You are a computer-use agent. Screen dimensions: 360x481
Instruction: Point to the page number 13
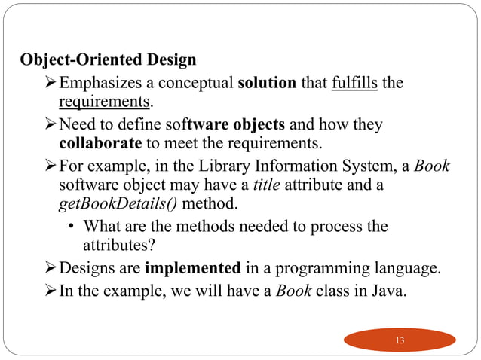point(400,340)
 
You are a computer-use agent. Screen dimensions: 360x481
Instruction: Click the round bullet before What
point(70,226)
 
